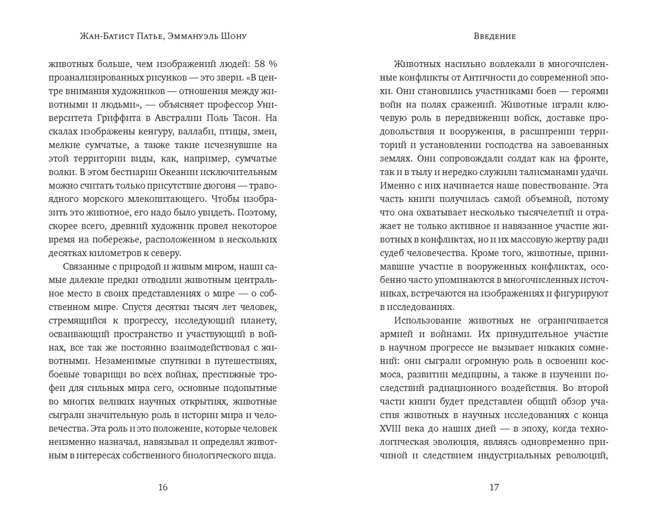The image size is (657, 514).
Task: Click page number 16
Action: click(163, 487)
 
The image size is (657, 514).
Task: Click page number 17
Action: click(493, 487)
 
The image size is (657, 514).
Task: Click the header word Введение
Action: click(493, 36)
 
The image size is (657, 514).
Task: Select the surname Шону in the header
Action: click(234, 36)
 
